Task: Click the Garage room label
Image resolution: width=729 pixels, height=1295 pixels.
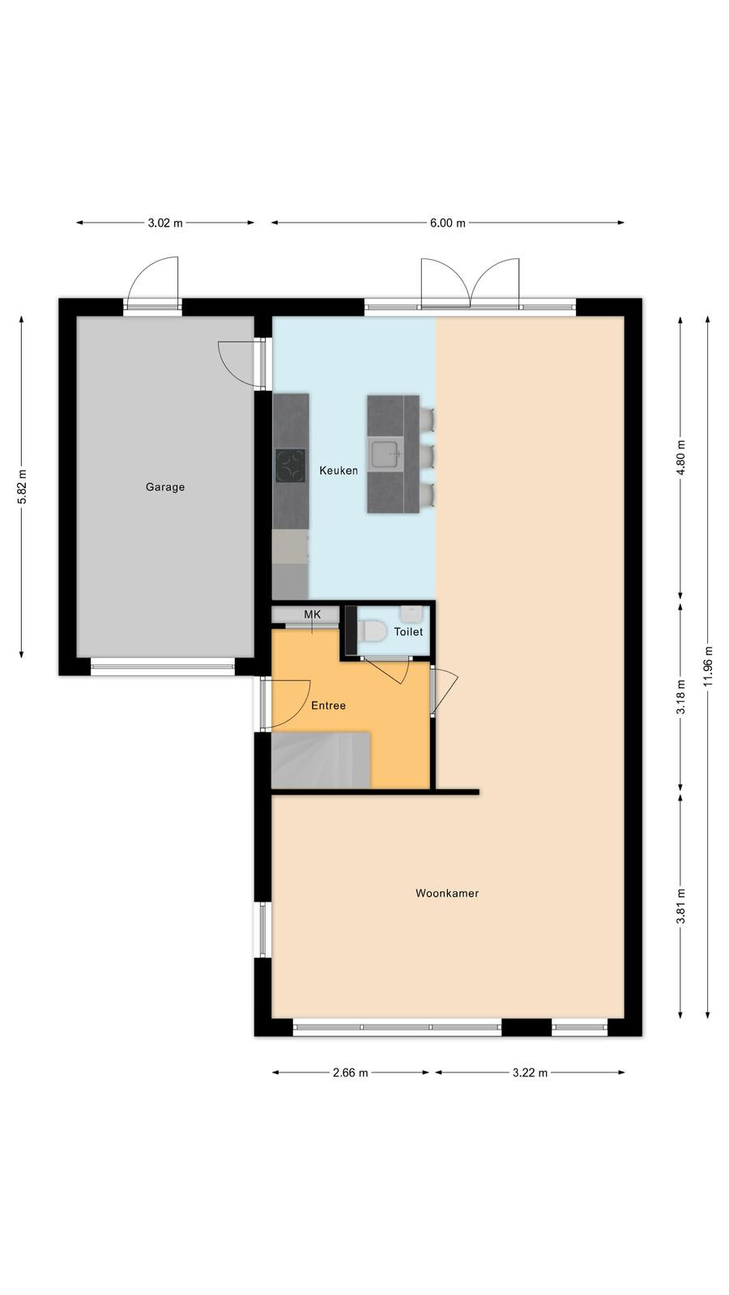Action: pyautogui.click(x=165, y=486)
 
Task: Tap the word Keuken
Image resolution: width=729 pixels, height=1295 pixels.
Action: pyautogui.click(x=339, y=470)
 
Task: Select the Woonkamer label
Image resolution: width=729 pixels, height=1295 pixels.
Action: pyautogui.click(x=447, y=894)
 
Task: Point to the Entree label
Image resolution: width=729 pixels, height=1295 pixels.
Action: pyautogui.click(x=329, y=705)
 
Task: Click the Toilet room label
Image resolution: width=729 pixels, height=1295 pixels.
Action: pyautogui.click(x=408, y=632)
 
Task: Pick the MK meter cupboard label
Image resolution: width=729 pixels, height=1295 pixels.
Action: pyautogui.click(x=313, y=614)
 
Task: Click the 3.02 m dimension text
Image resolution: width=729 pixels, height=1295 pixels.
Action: pyautogui.click(x=165, y=223)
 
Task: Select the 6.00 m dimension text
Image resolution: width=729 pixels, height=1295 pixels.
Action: pyautogui.click(x=448, y=223)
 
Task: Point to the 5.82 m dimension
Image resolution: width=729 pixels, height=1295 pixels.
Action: pyautogui.click(x=22, y=486)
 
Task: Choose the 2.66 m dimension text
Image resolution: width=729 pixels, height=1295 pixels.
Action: pyautogui.click(x=351, y=1073)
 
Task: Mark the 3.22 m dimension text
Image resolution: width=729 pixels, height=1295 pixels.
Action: pyautogui.click(x=530, y=1073)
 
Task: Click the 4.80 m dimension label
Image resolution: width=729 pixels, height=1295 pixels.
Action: pyautogui.click(x=681, y=456)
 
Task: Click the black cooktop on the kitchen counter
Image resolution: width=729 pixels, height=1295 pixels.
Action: pyautogui.click(x=291, y=466)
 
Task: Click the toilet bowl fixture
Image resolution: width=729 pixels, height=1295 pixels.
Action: pyautogui.click(x=372, y=631)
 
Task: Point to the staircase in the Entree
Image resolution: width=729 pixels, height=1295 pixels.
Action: pyautogui.click(x=321, y=760)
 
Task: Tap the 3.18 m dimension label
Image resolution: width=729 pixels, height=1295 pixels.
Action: pyautogui.click(x=681, y=696)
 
